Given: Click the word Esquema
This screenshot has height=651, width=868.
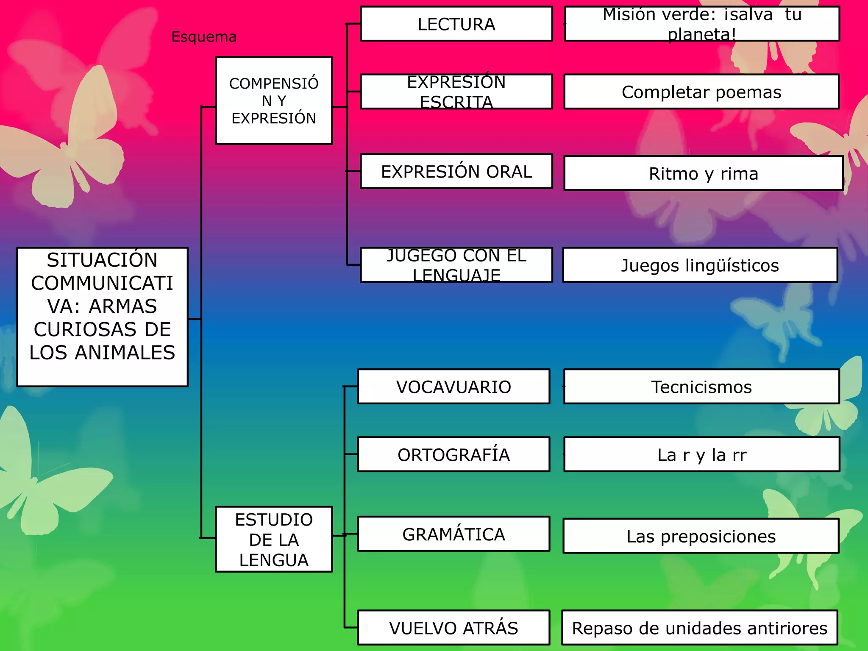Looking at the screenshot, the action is coord(204,37).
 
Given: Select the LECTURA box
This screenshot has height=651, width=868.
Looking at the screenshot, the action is coord(456,24).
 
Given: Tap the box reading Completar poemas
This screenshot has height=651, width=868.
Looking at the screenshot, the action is coord(701,92).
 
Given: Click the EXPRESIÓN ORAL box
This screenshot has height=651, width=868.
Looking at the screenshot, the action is coord(456,172).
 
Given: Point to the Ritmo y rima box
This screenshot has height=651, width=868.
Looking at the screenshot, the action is coord(704,174).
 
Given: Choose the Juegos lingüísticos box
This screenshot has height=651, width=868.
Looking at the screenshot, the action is coord(700,265).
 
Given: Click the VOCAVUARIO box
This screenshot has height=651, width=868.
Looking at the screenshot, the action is coord(453,387).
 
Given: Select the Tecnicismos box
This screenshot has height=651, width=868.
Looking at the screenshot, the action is coord(701,387).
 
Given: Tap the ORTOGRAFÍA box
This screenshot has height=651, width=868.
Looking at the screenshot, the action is coord(453,455).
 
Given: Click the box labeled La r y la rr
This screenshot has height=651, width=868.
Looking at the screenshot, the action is coord(701,455).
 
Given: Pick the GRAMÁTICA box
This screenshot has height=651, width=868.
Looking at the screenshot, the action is coord(453,534).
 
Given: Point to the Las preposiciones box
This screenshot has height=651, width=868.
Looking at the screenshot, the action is coord(701,537).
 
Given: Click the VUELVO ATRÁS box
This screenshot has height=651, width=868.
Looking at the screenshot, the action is coord(453,628).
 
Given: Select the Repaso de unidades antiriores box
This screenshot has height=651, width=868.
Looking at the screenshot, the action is coord(700,628).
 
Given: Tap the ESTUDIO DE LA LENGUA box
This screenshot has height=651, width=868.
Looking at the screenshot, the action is coord(274,540).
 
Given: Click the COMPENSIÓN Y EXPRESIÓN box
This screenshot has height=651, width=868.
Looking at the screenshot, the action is coord(274,101).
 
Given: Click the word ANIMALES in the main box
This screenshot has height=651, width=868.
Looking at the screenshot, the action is coord(125,353).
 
